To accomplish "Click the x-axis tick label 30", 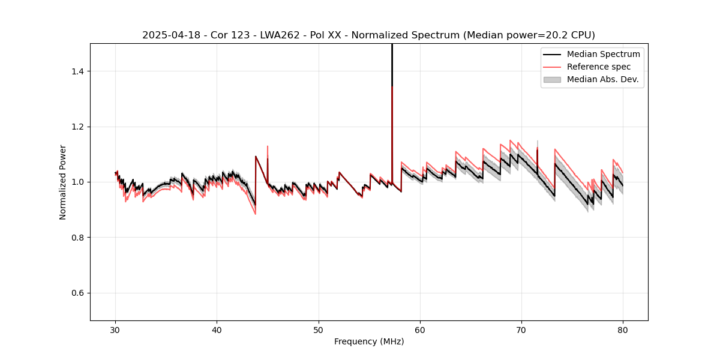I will point(116,329).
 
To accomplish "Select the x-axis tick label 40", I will point(217,329).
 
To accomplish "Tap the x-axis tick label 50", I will point(319,329).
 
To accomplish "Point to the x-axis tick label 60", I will point(420,329).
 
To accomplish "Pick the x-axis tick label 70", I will point(521,329).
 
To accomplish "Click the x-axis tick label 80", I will point(623,329).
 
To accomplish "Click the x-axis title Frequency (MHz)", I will point(369,341).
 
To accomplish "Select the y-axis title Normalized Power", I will point(63,182).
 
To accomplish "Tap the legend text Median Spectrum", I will point(603,54).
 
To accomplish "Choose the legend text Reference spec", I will point(599,67).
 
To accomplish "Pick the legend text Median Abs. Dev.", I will point(603,79).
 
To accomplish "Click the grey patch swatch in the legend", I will point(552,79).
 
